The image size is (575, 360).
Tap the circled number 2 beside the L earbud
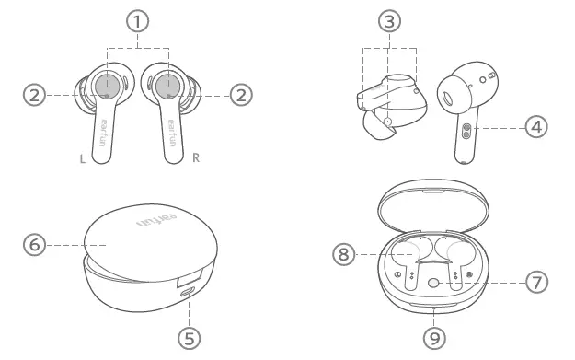(x=35, y=93)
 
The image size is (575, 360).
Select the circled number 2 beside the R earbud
(x=241, y=93)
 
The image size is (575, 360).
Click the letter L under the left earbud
(x=83, y=159)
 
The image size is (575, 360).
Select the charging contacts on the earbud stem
(x=466, y=131)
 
